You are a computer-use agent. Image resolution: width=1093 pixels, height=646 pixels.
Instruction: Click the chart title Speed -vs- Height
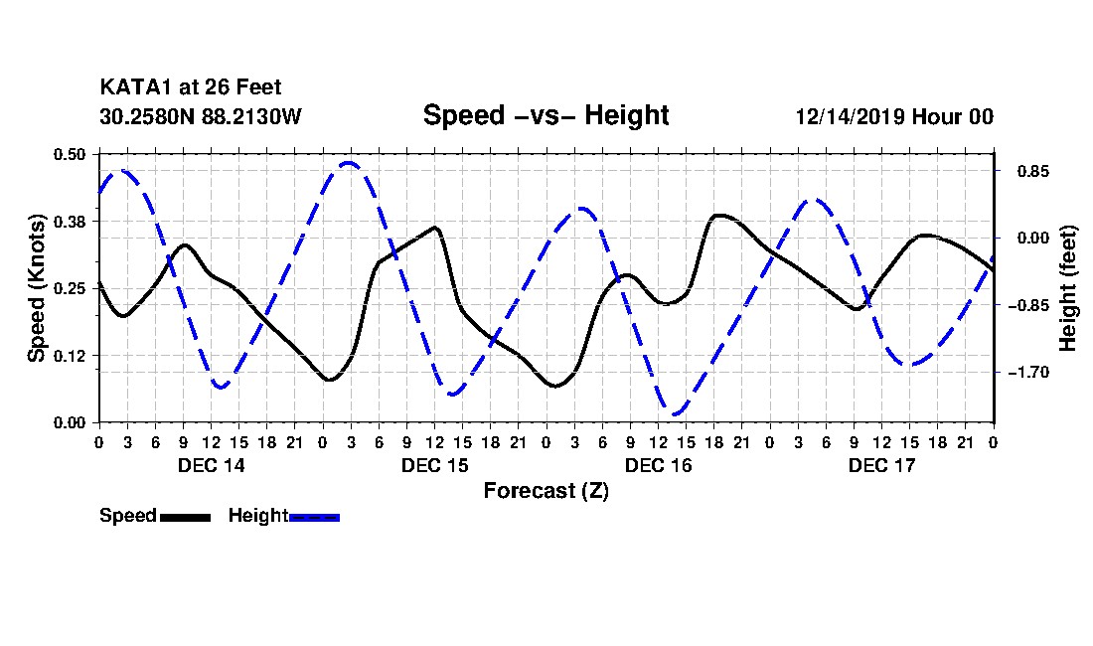(546, 115)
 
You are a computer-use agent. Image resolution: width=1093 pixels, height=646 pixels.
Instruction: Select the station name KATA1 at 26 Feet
(198, 88)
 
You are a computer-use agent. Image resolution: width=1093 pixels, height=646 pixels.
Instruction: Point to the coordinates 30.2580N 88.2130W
(201, 116)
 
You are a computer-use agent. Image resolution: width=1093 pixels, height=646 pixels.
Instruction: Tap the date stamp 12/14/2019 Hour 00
(894, 116)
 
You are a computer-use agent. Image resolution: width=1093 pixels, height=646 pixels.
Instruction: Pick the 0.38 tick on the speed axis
(71, 221)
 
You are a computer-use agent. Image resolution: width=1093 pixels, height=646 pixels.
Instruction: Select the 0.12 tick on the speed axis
(71, 356)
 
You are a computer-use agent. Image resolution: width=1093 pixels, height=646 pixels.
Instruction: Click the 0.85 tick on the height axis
(1022, 171)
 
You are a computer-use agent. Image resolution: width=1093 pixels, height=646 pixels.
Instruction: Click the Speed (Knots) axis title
(37, 288)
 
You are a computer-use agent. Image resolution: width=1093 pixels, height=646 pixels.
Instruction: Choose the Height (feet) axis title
(1069, 288)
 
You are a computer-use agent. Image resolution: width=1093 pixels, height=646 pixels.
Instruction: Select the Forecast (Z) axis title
(546, 491)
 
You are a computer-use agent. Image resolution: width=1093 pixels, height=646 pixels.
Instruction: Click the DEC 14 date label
(212, 465)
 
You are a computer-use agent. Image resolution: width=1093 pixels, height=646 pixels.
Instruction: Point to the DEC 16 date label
(659, 465)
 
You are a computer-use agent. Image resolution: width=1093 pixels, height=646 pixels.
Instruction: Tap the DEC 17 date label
(881, 465)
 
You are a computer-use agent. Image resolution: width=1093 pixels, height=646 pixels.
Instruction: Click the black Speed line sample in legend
(185, 517)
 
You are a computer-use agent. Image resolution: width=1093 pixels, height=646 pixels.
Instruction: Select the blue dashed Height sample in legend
(314, 517)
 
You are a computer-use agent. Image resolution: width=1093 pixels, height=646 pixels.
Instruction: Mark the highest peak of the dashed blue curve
(349, 162)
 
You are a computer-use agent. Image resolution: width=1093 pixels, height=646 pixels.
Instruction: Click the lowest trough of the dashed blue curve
(675, 414)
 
